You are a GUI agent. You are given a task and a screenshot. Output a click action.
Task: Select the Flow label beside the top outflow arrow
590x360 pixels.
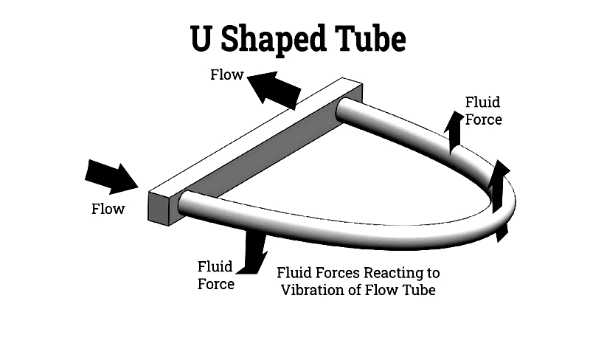click(x=226, y=75)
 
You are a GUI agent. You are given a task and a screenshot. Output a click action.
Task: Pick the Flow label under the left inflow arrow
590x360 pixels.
click(x=108, y=209)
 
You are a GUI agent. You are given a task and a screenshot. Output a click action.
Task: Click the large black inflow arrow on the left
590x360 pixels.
click(x=111, y=176)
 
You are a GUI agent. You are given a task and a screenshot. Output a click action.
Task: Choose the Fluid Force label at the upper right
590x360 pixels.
click(x=483, y=110)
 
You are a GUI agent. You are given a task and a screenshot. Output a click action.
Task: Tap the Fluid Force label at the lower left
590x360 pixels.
click(x=216, y=274)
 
